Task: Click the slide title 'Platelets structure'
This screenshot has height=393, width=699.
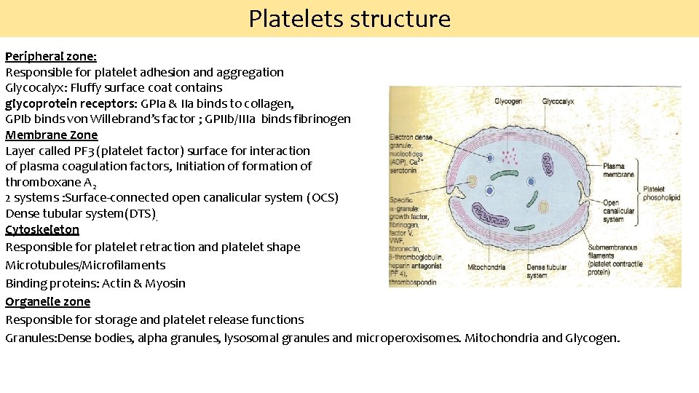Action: pyautogui.click(x=349, y=18)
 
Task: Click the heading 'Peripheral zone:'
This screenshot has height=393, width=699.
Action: pyautogui.click(x=51, y=56)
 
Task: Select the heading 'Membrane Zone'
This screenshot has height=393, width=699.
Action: pyautogui.click(x=52, y=135)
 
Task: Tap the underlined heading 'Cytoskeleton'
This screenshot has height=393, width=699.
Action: pyautogui.click(x=42, y=229)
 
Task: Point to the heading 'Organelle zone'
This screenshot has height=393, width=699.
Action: pyautogui.click(x=48, y=301)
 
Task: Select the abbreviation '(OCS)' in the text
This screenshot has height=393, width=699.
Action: pyautogui.click(x=323, y=198)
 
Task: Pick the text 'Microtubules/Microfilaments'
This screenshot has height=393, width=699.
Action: pyautogui.click(x=85, y=265)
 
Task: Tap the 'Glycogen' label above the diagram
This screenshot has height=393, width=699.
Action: pyautogui.click(x=508, y=102)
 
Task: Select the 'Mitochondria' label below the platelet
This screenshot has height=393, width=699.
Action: pyautogui.click(x=487, y=267)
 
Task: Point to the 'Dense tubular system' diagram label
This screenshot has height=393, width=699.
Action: pyautogui.click(x=546, y=271)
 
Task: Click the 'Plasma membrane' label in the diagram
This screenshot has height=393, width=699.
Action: pyautogui.click(x=618, y=170)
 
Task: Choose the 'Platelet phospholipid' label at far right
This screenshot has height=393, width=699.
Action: pyautogui.click(x=662, y=193)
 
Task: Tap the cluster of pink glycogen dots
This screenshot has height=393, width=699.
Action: pyautogui.click(x=512, y=155)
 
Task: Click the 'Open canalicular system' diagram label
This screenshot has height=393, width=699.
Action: pyautogui.click(x=618, y=211)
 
